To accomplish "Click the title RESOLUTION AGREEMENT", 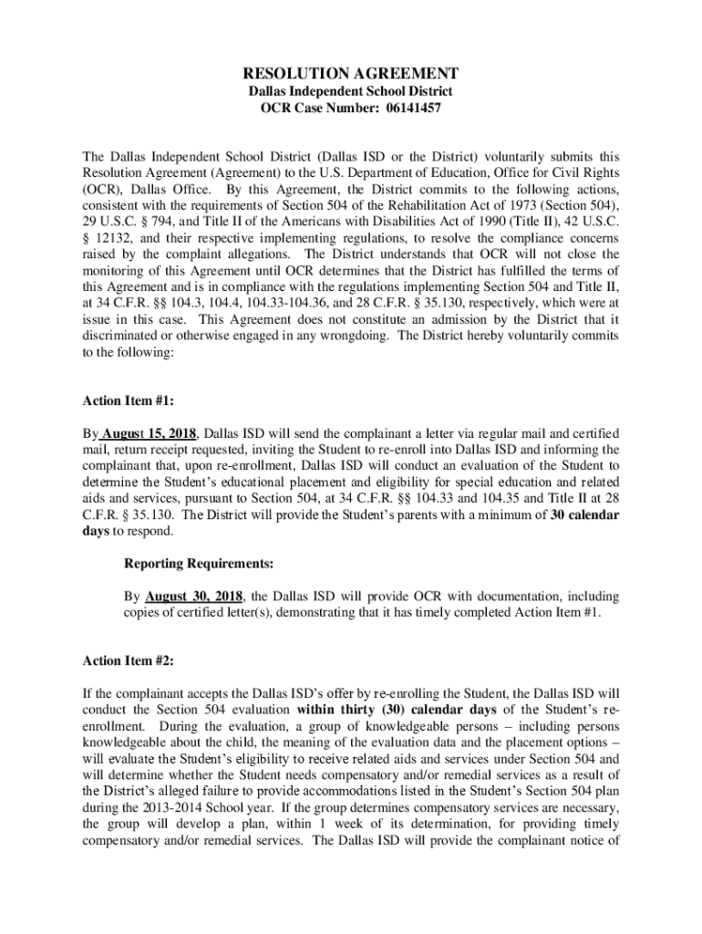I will [350, 73].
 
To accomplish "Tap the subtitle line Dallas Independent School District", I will [350, 92].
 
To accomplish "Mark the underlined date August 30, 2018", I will [191, 597].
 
